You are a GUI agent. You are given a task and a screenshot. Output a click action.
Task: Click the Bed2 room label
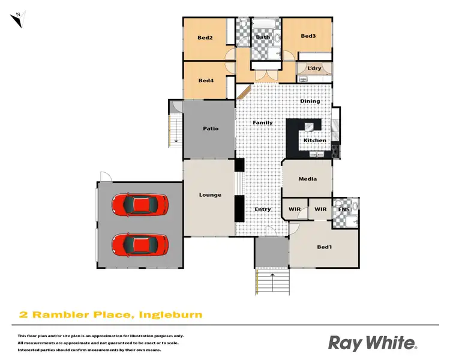click(205, 38)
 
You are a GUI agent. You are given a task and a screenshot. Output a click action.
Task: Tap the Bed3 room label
click(308, 36)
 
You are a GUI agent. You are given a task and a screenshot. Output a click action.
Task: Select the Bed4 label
click(206, 81)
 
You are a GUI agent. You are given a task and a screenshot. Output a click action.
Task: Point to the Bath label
click(263, 37)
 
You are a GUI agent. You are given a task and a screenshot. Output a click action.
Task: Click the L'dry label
click(314, 68)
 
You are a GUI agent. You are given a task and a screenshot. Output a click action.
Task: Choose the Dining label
click(310, 101)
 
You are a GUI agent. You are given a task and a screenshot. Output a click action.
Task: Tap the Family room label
click(262, 123)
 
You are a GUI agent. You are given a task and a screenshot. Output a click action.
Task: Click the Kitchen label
click(314, 140)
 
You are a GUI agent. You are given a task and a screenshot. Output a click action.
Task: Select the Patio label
click(211, 128)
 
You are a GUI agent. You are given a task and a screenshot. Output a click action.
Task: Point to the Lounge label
click(210, 195)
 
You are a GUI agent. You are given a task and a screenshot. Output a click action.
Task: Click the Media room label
click(307, 179)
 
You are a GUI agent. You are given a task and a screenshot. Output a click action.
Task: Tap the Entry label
click(263, 209)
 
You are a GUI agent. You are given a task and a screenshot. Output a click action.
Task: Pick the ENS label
click(344, 209)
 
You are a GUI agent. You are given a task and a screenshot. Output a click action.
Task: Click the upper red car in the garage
click(139, 205)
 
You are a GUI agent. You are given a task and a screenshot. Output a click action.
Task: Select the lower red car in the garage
click(139, 244)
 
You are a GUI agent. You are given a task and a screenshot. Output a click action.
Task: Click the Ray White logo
click(372, 343)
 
